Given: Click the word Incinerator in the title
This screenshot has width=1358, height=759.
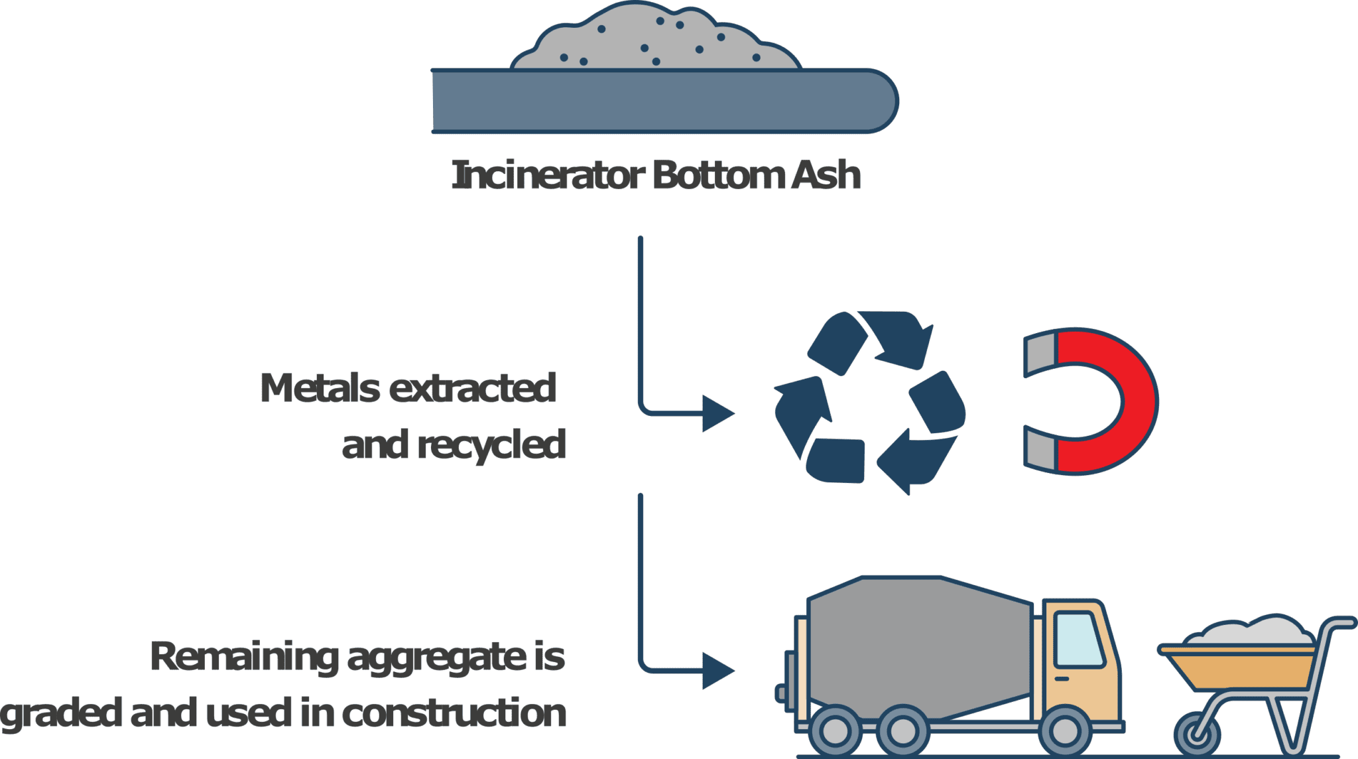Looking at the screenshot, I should click(x=548, y=176).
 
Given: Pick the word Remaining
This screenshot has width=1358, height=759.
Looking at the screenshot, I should click(x=244, y=657).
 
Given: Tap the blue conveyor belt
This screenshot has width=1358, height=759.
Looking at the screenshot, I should click(x=663, y=101).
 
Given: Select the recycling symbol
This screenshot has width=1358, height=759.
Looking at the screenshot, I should click(x=869, y=403).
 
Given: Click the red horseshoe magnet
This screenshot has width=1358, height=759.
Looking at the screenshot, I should click(x=1121, y=401).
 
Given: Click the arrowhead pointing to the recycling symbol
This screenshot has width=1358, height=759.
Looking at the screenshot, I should click(x=717, y=413).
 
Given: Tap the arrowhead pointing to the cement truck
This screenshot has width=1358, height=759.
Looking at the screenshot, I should click(x=717, y=671).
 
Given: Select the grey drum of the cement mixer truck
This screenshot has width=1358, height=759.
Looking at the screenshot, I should click(x=918, y=647).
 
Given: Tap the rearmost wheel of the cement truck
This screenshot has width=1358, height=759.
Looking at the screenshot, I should click(x=835, y=732).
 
